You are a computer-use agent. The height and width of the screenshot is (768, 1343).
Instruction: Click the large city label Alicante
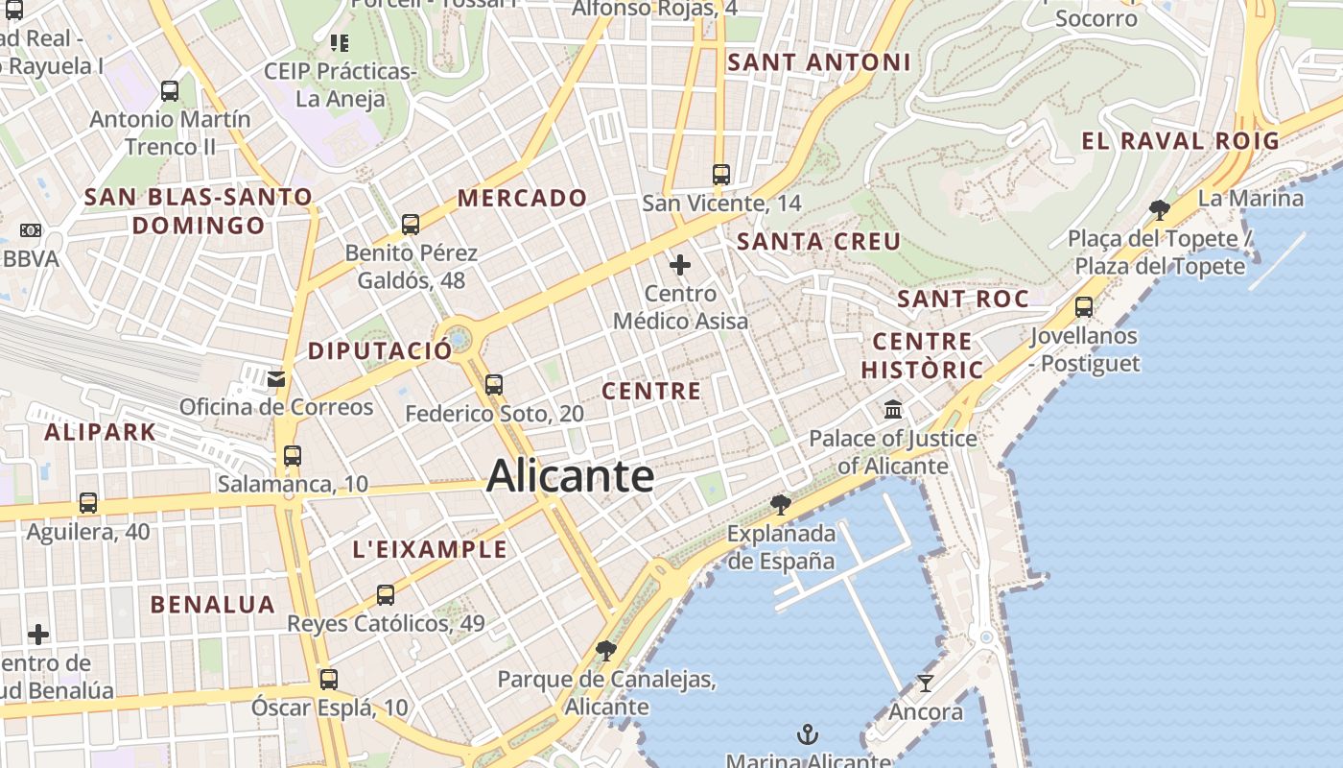(x=570, y=476)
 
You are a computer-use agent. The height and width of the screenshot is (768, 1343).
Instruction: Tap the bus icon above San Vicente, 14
(x=721, y=175)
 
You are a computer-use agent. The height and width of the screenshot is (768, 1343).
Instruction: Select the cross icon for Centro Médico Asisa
(x=680, y=264)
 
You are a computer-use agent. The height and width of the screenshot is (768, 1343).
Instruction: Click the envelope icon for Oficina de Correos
(x=276, y=378)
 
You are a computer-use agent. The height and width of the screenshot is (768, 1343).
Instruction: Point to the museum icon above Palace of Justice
(x=893, y=410)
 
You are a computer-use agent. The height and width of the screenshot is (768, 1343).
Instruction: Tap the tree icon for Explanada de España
(x=781, y=504)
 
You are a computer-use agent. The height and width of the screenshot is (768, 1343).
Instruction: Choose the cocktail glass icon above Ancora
(x=925, y=683)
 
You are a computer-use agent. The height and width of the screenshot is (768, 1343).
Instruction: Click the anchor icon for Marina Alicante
(x=808, y=735)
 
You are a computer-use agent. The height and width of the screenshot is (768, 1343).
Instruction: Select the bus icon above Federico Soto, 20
(x=494, y=385)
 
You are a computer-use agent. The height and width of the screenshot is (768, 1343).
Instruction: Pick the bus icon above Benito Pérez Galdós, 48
(x=411, y=225)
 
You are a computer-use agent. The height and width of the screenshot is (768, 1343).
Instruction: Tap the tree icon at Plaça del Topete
(x=1159, y=209)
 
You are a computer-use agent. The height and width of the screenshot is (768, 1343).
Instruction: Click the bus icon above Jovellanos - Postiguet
(x=1084, y=307)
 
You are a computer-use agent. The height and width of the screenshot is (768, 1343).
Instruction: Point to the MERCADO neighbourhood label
(x=522, y=199)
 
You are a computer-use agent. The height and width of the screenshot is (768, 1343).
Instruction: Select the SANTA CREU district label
(x=818, y=242)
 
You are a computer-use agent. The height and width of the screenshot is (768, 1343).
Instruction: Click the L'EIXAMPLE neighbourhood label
(x=430, y=550)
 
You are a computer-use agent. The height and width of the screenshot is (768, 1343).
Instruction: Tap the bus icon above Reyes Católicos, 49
(x=386, y=595)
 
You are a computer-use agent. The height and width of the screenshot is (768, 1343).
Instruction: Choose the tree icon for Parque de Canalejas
(x=605, y=651)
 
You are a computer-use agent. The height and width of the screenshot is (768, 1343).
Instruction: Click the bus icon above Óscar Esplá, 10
(x=329, y=680)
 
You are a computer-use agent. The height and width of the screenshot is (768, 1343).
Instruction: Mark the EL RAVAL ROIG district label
(x=1180, y=141)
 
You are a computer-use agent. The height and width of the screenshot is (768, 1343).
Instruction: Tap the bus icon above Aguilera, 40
(x=88, y=502)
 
